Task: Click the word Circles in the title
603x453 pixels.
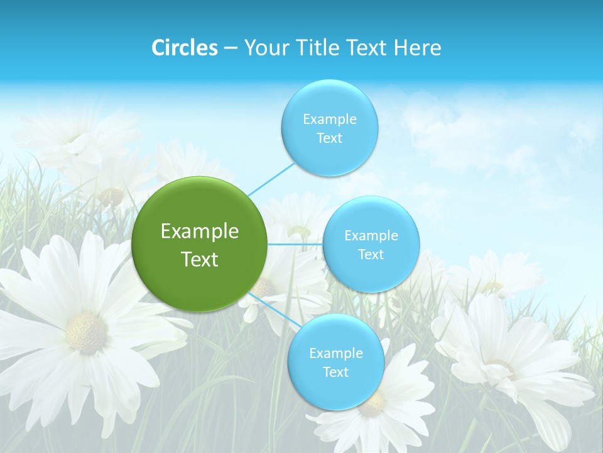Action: pos(184,48)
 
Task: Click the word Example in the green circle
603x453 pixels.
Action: pos(199,232)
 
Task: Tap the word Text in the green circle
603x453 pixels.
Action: pos(199,259)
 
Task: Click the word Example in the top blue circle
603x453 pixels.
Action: pos(329,120)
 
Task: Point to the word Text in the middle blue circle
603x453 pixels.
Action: pos(371,255)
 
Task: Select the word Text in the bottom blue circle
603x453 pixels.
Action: pos(335,372)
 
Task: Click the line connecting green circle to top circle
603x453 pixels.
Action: pos(271,178)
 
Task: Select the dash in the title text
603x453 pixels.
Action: pos(231,48)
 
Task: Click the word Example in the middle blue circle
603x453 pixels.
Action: pos(371,236)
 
